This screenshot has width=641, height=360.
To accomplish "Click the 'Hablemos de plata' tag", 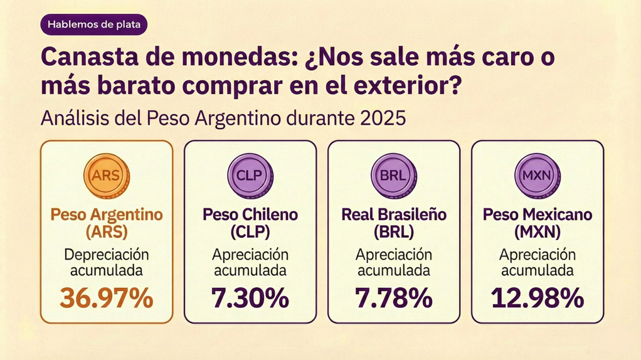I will pos(93,26).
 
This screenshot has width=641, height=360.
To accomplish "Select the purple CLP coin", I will pos(250,175).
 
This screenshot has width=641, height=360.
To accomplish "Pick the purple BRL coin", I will pos(393,175).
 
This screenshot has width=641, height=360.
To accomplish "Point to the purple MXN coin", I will pos(537,175).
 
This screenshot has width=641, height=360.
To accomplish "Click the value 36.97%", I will pos(106,299).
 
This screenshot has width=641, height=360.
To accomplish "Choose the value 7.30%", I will pos(250,299).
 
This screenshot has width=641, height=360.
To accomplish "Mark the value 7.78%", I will pos(393,299).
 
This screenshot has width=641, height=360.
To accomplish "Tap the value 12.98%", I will pos(537,299).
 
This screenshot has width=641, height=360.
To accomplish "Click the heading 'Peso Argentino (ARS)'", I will pos(106,223).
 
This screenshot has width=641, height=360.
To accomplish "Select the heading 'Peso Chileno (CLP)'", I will pos(250,223).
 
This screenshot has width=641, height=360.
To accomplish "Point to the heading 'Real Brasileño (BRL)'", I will pos(393,223).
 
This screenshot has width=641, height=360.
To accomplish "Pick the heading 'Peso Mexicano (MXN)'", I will pos(537,223).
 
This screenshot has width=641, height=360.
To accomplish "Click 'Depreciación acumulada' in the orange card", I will pos(106,263).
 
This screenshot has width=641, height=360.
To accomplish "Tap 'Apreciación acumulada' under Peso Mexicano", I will pos(537,263).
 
